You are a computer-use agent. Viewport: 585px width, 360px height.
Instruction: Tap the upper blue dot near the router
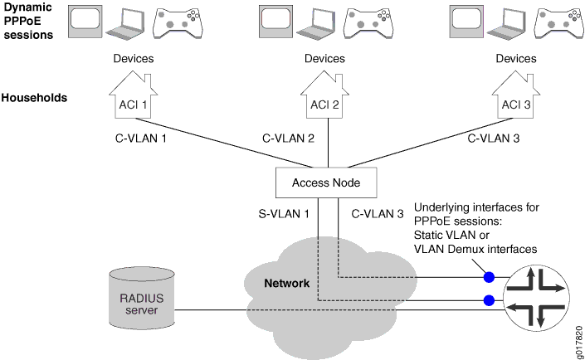click(x=490, y=276)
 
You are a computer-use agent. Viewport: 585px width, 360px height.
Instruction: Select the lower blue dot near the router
click(x=490, y=299)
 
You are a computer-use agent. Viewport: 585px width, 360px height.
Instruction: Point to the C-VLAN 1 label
click(x=141, y=138)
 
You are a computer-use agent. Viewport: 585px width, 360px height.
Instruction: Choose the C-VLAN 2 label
click(x=288, y=138)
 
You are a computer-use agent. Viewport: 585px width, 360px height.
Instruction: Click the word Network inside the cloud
click(x=286, y=284)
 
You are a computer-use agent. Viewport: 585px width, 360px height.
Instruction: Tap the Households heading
click(x=34, y=98)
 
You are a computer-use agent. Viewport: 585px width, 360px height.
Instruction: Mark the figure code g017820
click(x=575, y=335)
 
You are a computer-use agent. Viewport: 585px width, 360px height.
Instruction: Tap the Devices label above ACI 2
click(x=324, y=59)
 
